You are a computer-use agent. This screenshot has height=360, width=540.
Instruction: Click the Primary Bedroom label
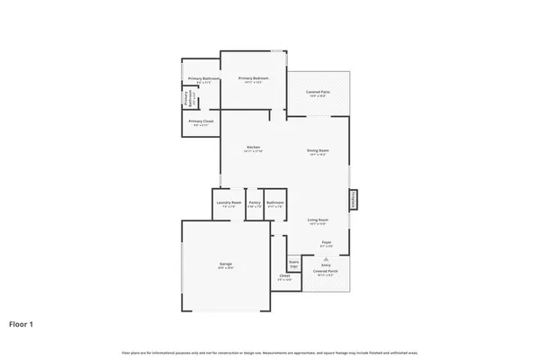pos(254,78)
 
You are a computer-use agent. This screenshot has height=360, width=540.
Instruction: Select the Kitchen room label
pos(253,148)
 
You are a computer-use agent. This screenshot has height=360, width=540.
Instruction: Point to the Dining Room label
pos(317,150)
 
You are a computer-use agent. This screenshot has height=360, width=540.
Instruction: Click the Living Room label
pos(317,220)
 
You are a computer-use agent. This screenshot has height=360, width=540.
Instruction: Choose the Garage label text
pos(225,264)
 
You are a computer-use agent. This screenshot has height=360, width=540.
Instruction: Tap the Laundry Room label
pos(229,202)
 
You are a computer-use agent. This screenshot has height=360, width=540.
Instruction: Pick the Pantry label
pos(255,202)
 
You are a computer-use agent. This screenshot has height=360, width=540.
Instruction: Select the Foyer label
pos(326,241)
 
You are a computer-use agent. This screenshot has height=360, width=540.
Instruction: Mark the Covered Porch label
pos(325,270)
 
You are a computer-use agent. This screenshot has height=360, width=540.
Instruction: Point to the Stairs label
pos(293,262)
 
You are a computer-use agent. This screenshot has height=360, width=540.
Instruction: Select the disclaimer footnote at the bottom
pos(270,353)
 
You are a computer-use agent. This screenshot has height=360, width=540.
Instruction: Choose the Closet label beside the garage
pos(284,275)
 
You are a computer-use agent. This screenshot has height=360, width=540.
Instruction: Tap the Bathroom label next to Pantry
pos(275,202)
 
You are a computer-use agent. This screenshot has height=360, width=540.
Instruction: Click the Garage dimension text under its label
pos(225,268)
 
